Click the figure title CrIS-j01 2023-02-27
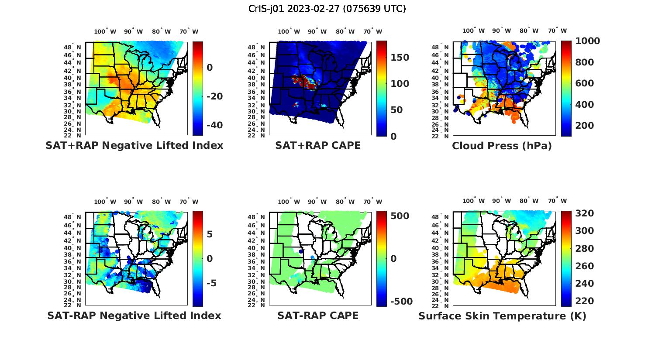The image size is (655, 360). point(327,9)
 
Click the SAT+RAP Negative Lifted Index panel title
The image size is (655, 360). point(134,145)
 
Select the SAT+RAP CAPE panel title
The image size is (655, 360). point(318,145)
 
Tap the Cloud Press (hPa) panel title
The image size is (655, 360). point(502,146)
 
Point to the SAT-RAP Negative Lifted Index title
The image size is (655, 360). point(134,315)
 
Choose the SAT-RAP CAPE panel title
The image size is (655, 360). point(318,315)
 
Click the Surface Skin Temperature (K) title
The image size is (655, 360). point(502,316)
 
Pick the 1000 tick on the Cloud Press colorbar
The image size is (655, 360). point(587,41)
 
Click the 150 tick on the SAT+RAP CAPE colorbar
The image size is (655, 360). point(400,58)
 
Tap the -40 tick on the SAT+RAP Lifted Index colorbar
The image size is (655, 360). point(214,125)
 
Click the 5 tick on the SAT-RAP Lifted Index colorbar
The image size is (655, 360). point(210,234)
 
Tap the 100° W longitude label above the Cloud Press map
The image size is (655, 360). point(474,31)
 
